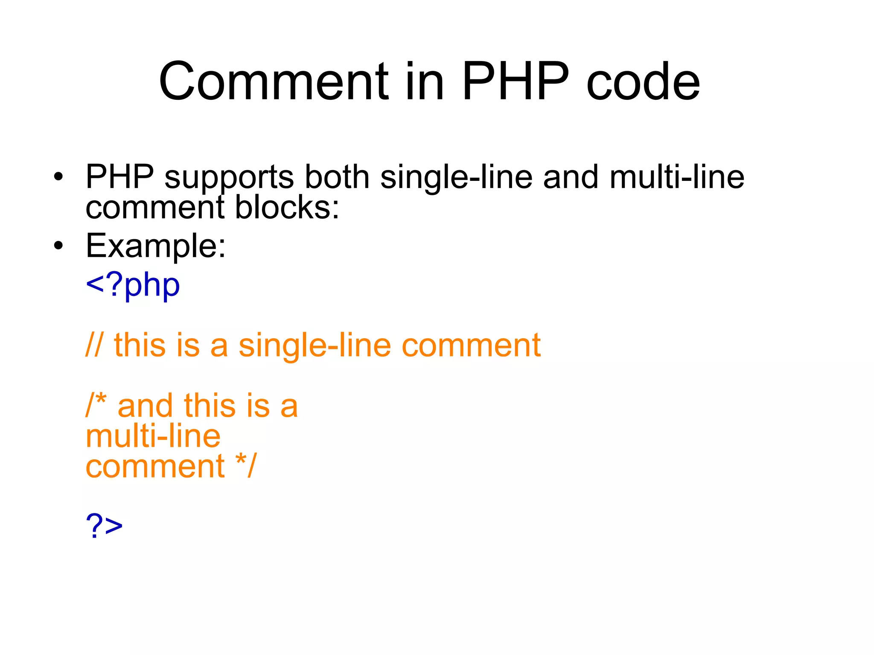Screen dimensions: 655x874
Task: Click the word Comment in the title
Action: [274, 82]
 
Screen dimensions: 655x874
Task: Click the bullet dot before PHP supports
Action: [58, 176]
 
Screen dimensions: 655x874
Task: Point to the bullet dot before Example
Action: [58, 246]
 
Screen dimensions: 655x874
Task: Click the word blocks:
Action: [287, 208]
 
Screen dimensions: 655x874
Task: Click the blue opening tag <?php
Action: [133, 286]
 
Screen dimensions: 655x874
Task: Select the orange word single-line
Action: [315, 346]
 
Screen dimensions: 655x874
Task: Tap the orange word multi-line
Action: [153, 436]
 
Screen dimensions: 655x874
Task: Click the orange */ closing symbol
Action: [246, 465]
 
